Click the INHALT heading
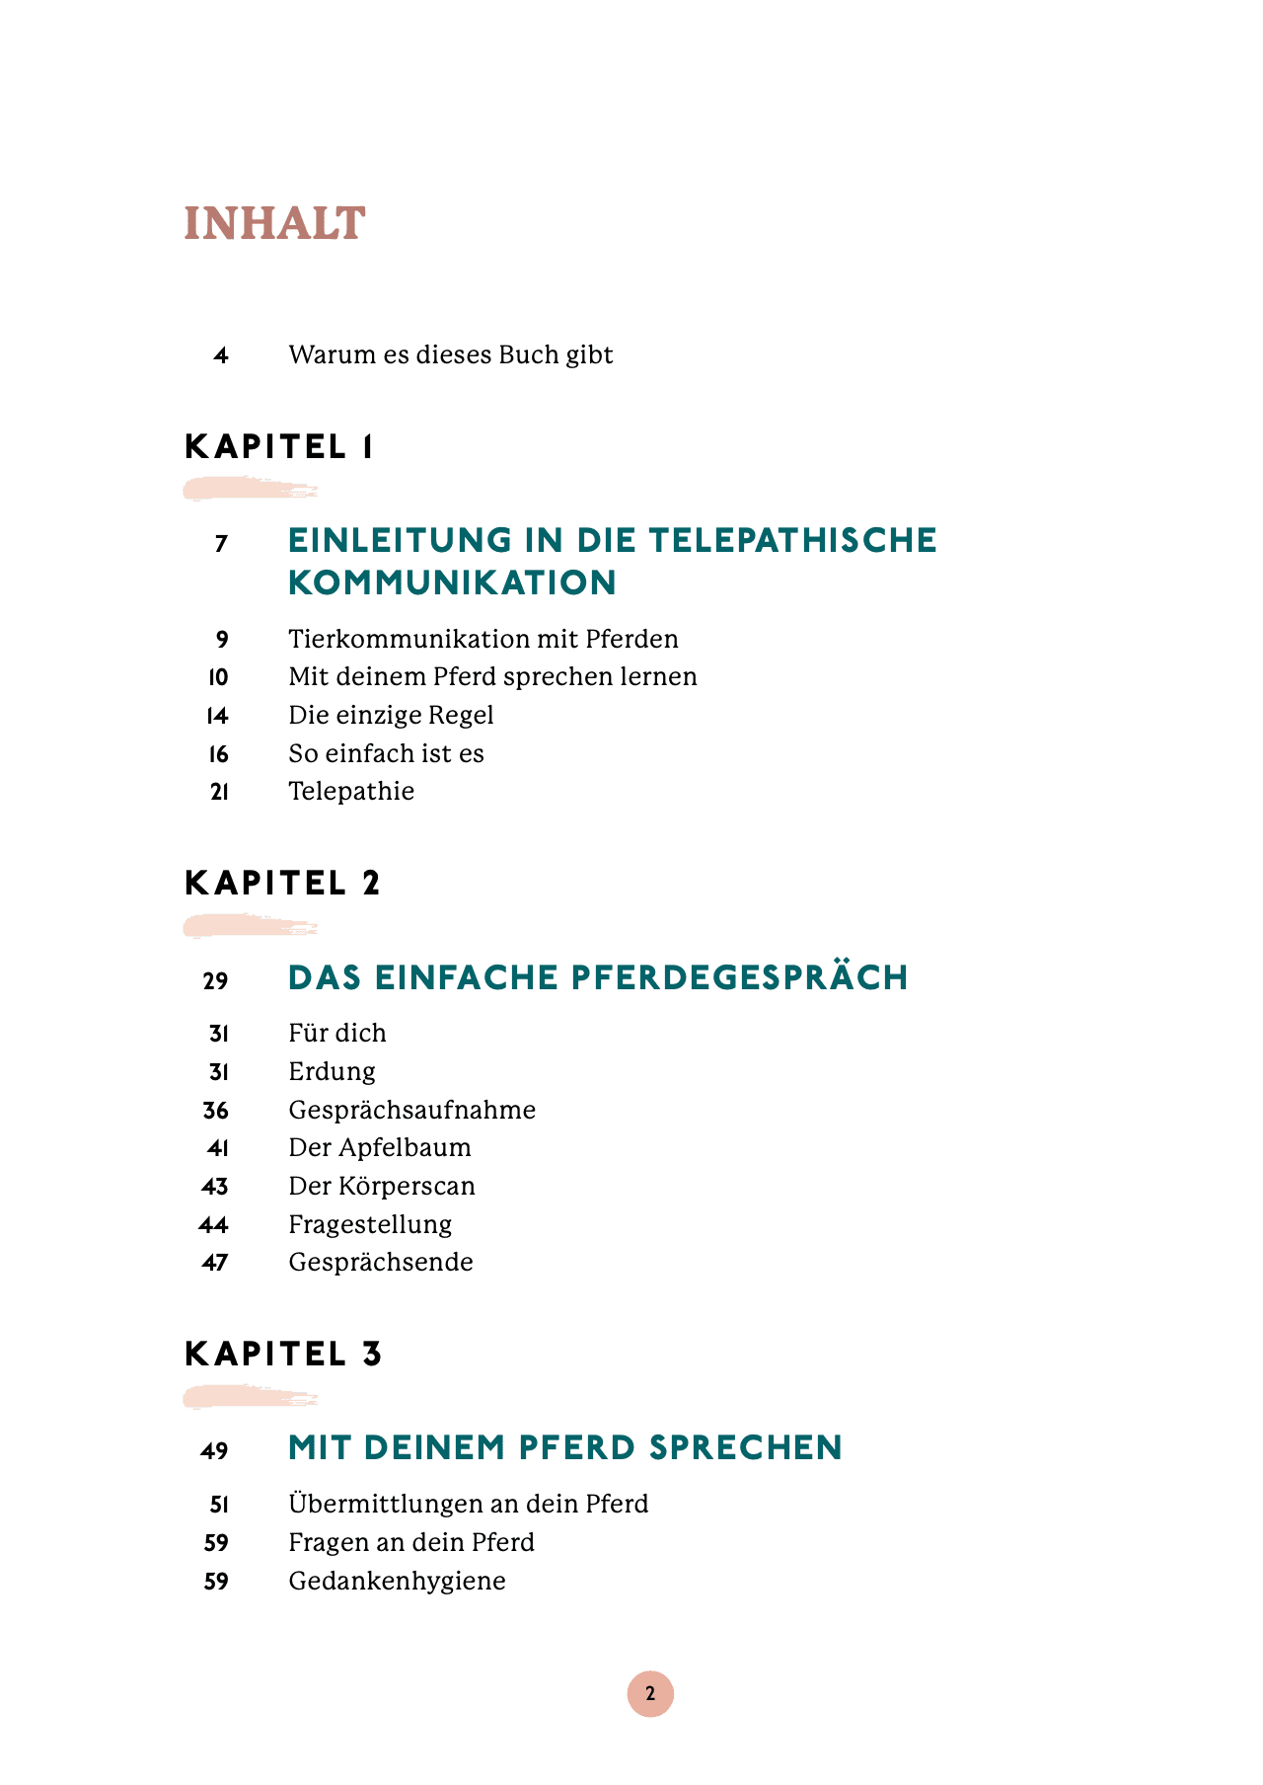(274, 224)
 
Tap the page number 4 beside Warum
(221, 355)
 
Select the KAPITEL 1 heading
(279, 447)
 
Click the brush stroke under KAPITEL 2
(250, 926)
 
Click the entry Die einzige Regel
(391, 715)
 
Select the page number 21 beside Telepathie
(219, 792)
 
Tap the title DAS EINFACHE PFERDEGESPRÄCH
(598, 977)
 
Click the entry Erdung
(332, 1071)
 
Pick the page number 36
(216, 1111)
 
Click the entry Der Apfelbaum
(380, 1148)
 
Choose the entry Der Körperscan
(382, 1186)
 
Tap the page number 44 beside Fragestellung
(214, 1225)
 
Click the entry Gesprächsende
(381, 1263)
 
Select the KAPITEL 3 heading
(283, 1354)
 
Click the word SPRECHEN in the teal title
(745, 1448)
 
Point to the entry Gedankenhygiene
(397, 1582)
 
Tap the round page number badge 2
(650, 1694)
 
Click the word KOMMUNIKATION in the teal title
(452, 583)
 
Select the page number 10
(218, 677)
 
